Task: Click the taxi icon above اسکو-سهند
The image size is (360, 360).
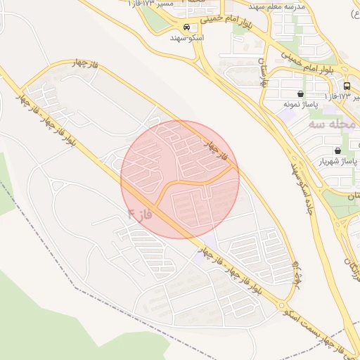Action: [x=186, y=27]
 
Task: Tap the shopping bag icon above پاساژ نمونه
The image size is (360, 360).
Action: [x=301, y=94]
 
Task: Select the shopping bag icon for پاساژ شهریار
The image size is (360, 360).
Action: [x=338, y=150]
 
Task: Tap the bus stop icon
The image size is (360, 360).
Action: [x=347, y=86]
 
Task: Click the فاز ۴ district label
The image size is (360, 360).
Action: [x=140, y=210]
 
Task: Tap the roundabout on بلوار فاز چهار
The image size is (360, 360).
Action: [x=284, y=307]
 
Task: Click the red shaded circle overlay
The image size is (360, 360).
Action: [x=180, y=179]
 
